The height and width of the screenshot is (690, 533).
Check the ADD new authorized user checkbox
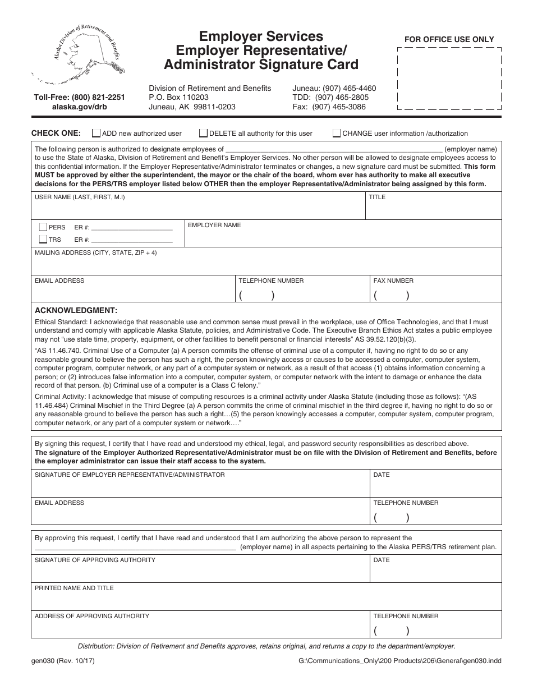point(96,134)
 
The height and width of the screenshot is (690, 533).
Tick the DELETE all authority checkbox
point(204,134)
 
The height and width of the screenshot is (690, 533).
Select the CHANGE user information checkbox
point(337,134)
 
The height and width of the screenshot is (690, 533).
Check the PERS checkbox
point(43,227)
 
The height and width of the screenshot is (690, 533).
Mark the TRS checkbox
point(43,240)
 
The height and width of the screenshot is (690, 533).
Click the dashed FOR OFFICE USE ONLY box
point(449,79)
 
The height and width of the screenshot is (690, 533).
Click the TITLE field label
point(377,197)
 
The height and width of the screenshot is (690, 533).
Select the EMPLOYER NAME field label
point(214,225)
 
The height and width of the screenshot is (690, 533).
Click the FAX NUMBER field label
point(393,280)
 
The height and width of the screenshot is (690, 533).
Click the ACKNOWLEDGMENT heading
point(76,310)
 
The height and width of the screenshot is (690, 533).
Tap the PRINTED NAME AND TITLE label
point(74,588)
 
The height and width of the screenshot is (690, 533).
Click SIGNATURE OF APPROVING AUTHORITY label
point(95,560)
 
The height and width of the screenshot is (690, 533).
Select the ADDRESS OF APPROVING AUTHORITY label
point(92,616)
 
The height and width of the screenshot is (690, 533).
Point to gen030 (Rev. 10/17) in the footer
point(63,661)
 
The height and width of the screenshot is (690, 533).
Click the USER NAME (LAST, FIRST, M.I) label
point(80,197)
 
